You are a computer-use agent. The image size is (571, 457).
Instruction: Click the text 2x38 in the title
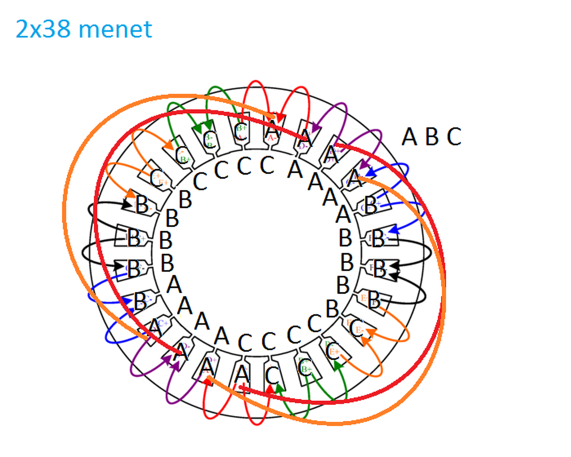tap(43, 29)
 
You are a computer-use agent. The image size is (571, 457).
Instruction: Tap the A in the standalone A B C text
tap(409, 137)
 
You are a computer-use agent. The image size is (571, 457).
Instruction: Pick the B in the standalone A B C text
tap(432, 137)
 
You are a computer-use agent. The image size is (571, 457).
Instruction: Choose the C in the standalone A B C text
tap(454, 137)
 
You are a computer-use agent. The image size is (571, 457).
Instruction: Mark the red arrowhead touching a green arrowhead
tap(269, 389)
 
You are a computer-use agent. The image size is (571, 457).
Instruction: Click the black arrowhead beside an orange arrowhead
tap(126, 204)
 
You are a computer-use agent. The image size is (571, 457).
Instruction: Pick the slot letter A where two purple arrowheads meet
tap(181, 353)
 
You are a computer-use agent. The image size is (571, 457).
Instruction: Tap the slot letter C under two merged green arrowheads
tap(209, 140)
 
